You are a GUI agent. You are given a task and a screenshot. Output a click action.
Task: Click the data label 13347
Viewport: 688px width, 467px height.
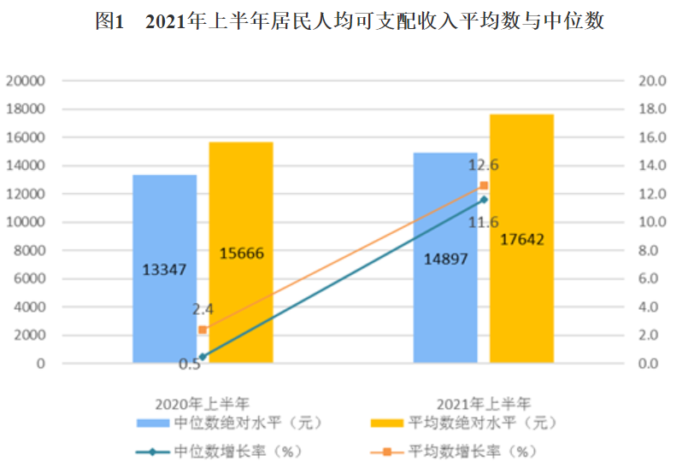click(163, 270)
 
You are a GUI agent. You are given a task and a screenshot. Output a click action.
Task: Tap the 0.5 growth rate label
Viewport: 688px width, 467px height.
click(190, 365)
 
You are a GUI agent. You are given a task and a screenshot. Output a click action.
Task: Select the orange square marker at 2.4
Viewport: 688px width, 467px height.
click(203, 330)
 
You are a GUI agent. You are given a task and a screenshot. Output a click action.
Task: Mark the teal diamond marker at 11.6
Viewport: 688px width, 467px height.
click(484, 200)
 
